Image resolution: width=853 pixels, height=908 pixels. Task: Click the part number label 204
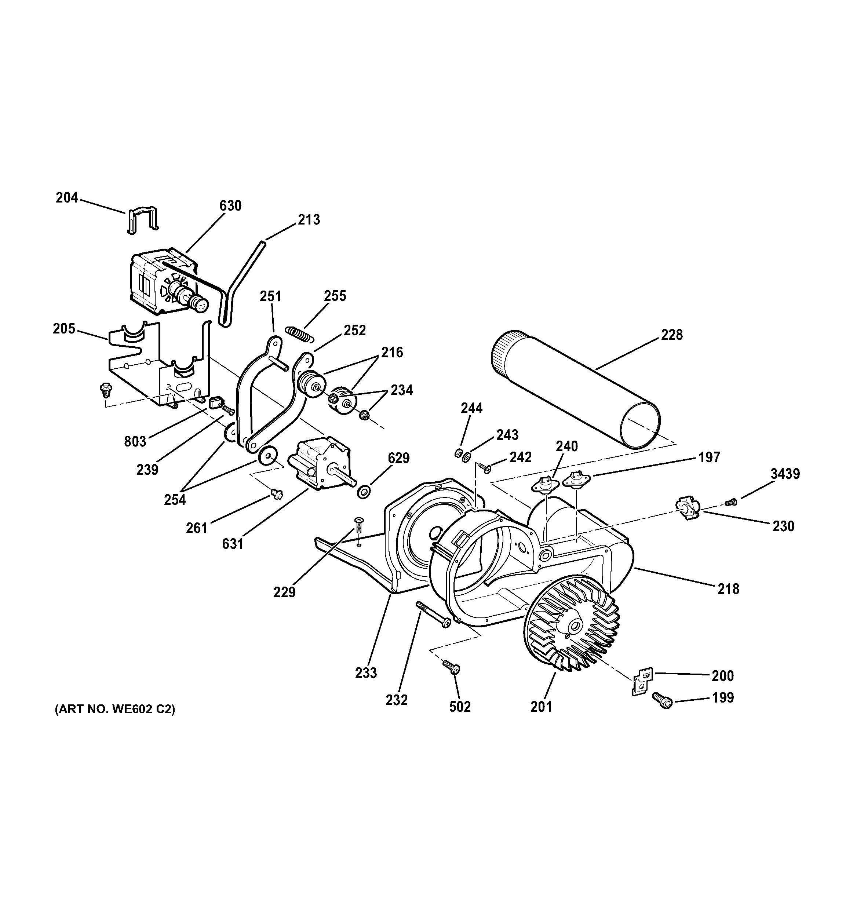(67, 198)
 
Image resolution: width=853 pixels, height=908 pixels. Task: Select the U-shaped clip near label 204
(142, 220)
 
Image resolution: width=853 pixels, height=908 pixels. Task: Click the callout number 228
(672, 335)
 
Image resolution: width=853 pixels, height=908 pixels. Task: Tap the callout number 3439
(785, 474)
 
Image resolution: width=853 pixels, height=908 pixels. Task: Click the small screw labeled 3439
(731, 502)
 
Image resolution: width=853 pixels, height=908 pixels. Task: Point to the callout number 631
(233, 544)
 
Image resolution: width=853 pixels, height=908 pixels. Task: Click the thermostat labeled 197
(577, 479)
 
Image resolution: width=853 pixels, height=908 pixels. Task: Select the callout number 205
(64, 328)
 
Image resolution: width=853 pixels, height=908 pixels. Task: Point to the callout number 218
(728, 589)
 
